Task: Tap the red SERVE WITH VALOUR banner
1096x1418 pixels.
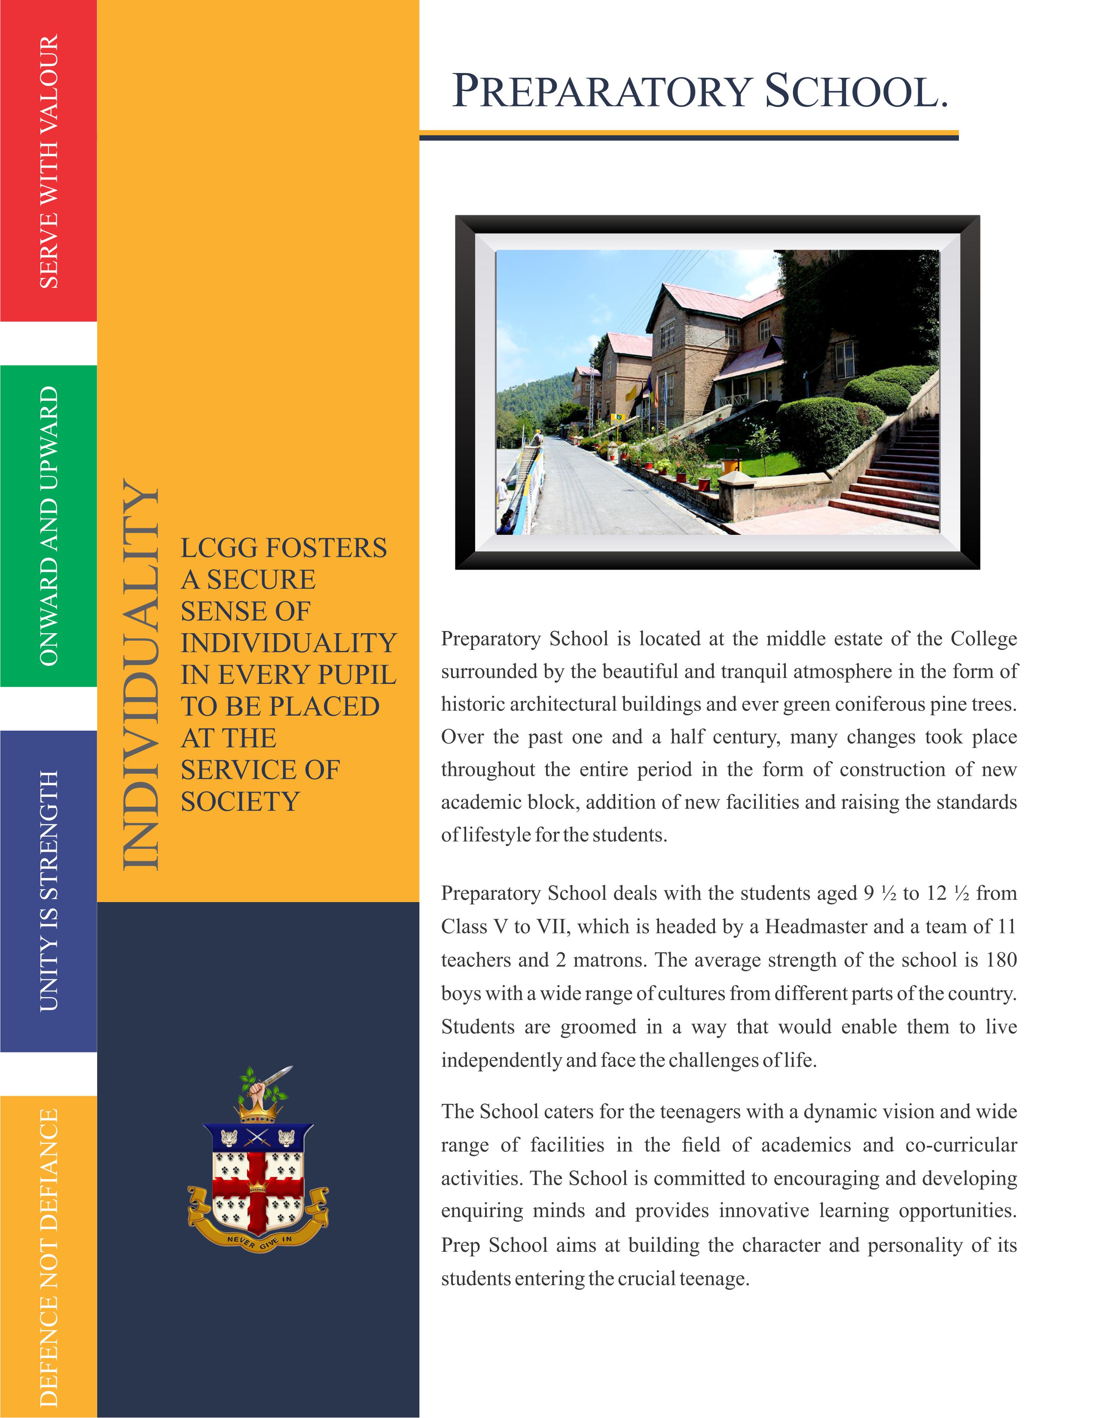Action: tap(49, 161)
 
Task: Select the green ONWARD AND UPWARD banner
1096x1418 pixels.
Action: tap(49, 526)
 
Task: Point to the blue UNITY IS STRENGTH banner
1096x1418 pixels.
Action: tap(49, 891)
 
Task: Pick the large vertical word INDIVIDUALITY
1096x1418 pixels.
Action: tap(140, 675)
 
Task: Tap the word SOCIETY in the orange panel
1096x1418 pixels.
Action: tap(240, 802)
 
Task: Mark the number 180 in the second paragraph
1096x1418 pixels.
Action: tap(1001, 960)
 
